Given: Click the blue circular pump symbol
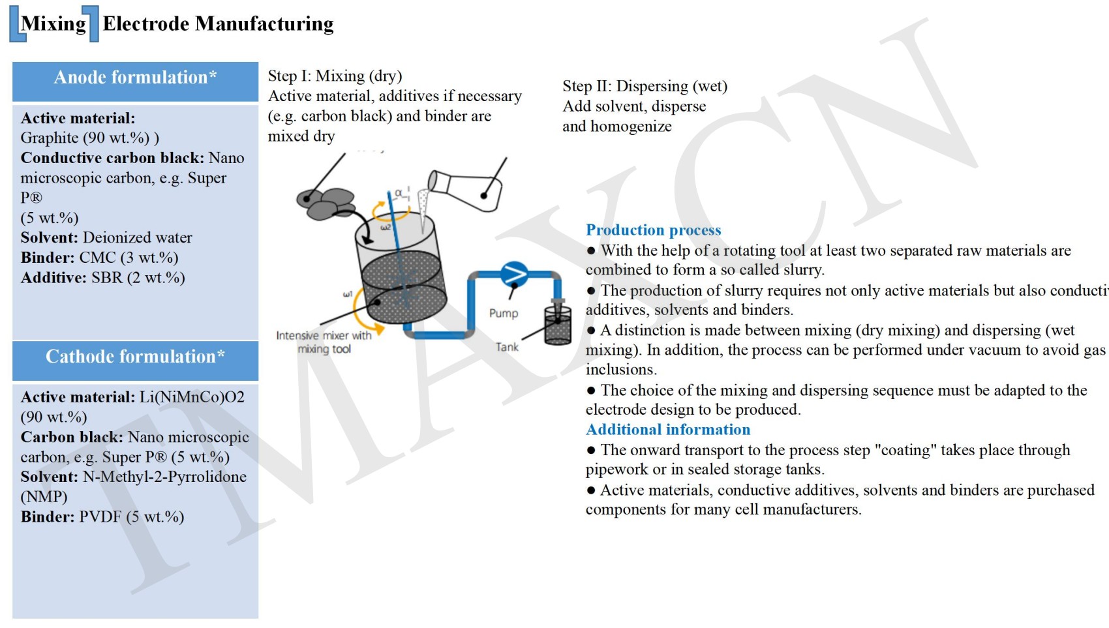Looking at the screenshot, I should (x=514, y=275).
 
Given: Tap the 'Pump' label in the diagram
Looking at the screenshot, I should (x=504, y=314).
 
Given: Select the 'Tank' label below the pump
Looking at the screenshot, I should (x=507, y=347).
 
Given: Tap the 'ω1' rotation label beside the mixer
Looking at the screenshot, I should (x=348, y=294).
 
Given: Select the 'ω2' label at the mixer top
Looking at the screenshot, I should (x=386, y=228).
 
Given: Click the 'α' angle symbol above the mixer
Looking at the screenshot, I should (x=399, y=193).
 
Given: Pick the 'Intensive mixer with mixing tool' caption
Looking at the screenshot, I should (x=324, y=342).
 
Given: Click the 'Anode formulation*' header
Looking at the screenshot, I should (x=135, y=78).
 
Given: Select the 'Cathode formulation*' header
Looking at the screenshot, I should (x=135, y=357).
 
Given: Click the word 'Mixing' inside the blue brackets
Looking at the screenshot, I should (x=53, y=24).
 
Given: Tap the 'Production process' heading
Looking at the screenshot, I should (x=653, y=230).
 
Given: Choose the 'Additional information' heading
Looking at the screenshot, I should (x=668, y=430).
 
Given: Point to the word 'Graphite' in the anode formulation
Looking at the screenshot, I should (x=50, y=138).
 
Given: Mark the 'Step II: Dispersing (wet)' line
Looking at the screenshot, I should (x=645, y=87).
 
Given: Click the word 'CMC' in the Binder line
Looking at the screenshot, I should (x=97, y=258).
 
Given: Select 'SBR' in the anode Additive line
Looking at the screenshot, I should (x=107, y=278).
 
